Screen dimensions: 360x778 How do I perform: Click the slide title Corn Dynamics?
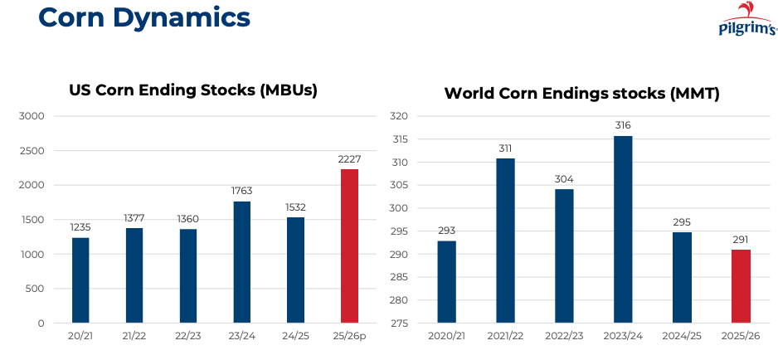[x=144, y=17]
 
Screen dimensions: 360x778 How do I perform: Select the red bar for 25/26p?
[x=350, y=246]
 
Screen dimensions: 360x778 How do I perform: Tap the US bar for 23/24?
[x=242, y=262]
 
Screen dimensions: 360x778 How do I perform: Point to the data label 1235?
[x=80, y=226]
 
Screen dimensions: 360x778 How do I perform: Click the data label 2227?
[x=350, y=158]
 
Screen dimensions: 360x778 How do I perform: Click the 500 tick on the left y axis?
[x=34, y=289]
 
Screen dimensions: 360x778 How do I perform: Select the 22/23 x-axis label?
[x=188, y=336]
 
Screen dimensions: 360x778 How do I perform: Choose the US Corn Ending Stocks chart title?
[x=192, y=90]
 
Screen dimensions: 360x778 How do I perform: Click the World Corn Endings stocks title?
[x=581, y=93]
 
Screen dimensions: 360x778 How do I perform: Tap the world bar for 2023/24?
[x=623, y=229]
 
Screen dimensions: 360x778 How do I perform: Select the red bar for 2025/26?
[x=741, y=286]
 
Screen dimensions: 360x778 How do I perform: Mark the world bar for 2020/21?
[x=446, y=282]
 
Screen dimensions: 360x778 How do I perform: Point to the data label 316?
[x=623, y=125]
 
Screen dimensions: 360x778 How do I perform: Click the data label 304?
[x=564, y=178]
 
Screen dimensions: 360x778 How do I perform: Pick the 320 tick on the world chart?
[x=400, y=116]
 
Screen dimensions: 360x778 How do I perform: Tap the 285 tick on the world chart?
[x=400, y=277]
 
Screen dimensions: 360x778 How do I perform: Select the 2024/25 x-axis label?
[x=682, y=336]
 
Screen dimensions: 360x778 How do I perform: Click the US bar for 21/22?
[x=134, y=275]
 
